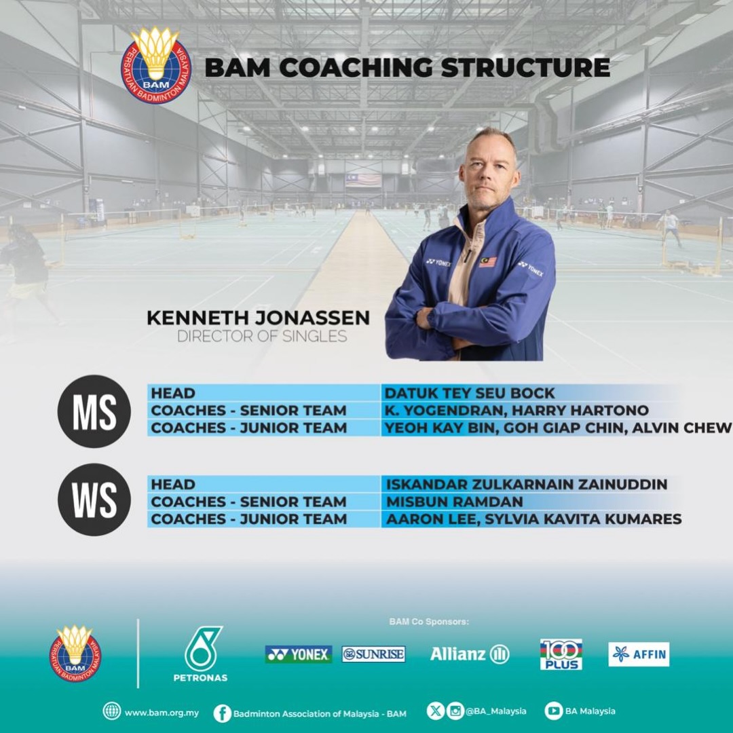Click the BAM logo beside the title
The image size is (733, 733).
[x=156, y=65]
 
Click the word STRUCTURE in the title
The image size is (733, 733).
[x=525, y=67]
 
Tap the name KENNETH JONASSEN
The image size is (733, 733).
[x=258, y=318]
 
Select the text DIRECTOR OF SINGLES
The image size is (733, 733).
[x=262, y=336]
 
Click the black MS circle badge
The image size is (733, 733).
[x=94, y=411]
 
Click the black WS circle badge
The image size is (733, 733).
[x=94, y=500]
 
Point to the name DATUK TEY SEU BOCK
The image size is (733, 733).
[x=470, y=393]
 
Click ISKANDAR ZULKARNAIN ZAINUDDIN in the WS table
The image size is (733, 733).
[x=527, y=485]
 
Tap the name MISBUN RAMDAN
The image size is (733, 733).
[x=454, y=502]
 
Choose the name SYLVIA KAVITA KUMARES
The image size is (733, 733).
[x=583, y=519]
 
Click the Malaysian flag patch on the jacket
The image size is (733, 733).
[x=487, y=261]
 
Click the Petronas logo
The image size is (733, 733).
[x=201, y=654]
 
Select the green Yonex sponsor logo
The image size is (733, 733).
[x=298, y=654]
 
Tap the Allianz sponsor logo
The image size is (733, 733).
[x=470, y=654]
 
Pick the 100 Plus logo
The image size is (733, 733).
[x=561, y=654]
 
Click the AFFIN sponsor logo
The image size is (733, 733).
[x=639, y=654]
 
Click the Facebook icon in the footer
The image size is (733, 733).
[x=223, y=713]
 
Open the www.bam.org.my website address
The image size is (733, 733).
[x=162, y=713]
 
